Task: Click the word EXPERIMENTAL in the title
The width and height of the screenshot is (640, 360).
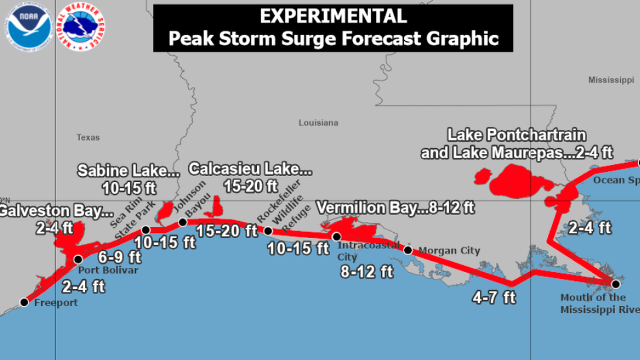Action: coord(333,16)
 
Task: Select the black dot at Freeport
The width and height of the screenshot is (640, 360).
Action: coord(24,302)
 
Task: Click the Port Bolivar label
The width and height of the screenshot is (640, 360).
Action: coord(108,270)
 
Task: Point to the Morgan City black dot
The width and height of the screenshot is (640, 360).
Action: coord(408,250)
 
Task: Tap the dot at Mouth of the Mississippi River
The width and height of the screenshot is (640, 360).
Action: coord(616,284)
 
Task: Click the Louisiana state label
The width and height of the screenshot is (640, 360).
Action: coord(318,123)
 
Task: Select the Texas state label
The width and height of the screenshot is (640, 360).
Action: coord(88,137)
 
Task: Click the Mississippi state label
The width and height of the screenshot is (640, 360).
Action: coord(611,80)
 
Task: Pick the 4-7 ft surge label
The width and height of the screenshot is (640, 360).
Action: coord(494,297)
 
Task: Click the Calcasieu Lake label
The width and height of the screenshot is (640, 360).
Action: coord(250,169)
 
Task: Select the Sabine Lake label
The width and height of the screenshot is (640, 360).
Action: coord(128,171)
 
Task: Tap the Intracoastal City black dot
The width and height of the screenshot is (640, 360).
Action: coord(336,237)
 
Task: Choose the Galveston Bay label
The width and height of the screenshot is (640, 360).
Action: coord(55,211)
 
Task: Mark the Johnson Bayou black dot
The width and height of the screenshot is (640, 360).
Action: coord(183,222)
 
